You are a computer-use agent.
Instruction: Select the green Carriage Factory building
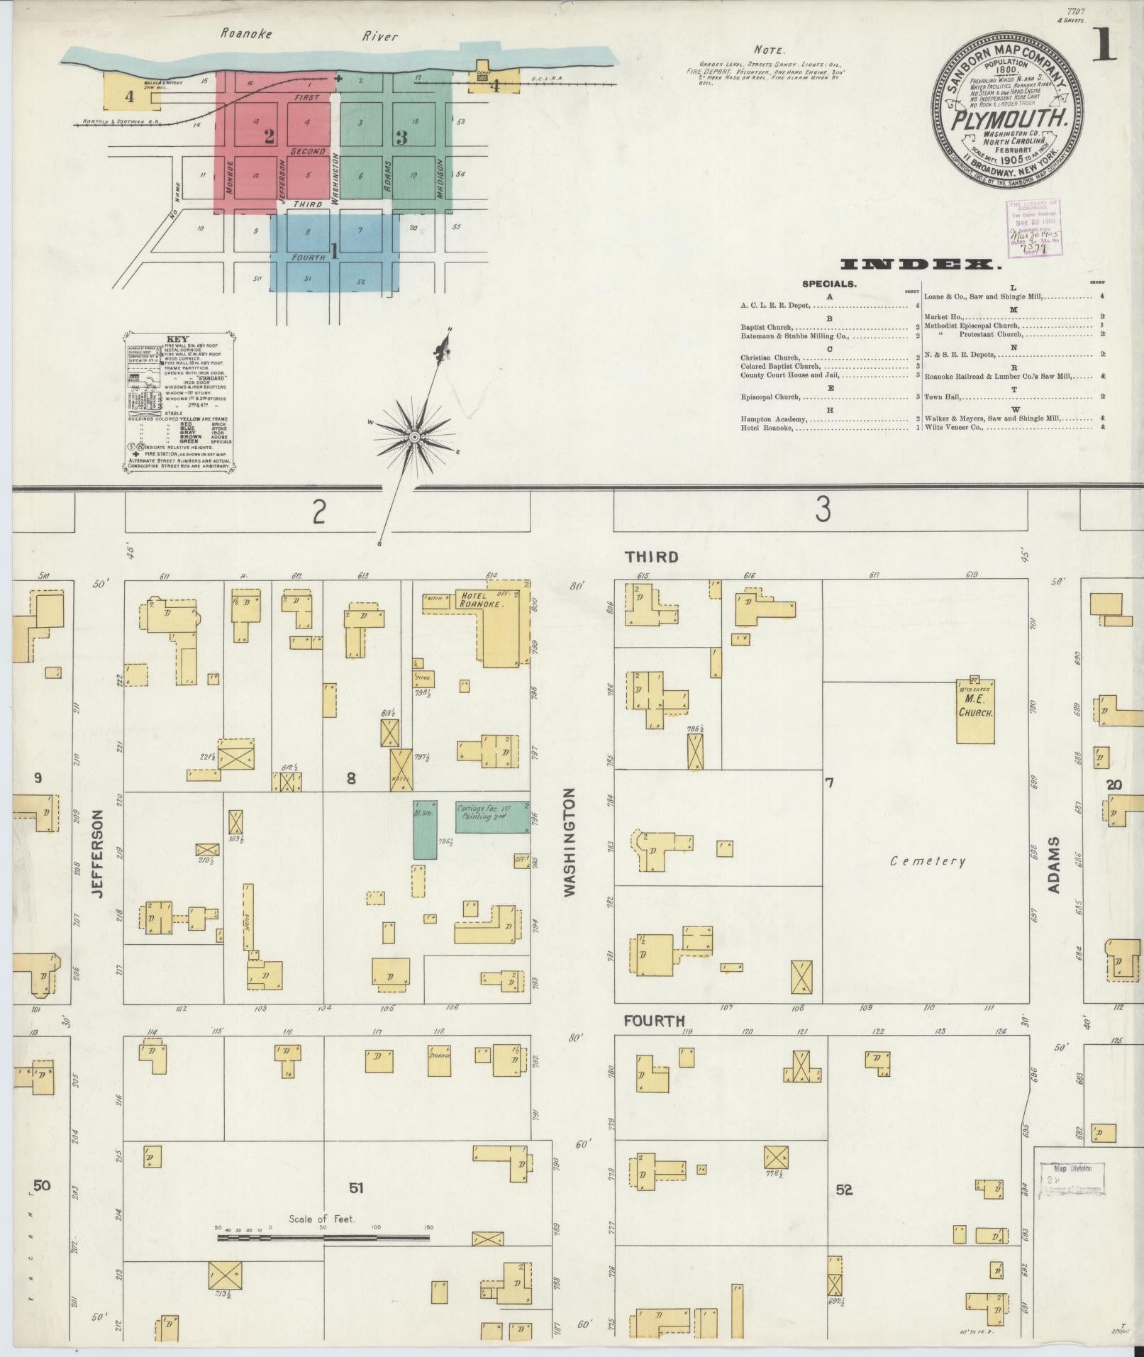pos(492,816)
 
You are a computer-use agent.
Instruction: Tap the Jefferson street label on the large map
pos(99,854)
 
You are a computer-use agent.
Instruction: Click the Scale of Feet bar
pos(323,1237)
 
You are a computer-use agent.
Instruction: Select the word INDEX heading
pos(921,265)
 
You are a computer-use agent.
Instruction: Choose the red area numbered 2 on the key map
pos(269,137)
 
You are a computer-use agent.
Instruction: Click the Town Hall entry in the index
pos(943,397)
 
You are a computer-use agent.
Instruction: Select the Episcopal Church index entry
pos(771,397)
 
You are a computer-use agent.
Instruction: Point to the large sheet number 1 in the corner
pos(1104,46)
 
